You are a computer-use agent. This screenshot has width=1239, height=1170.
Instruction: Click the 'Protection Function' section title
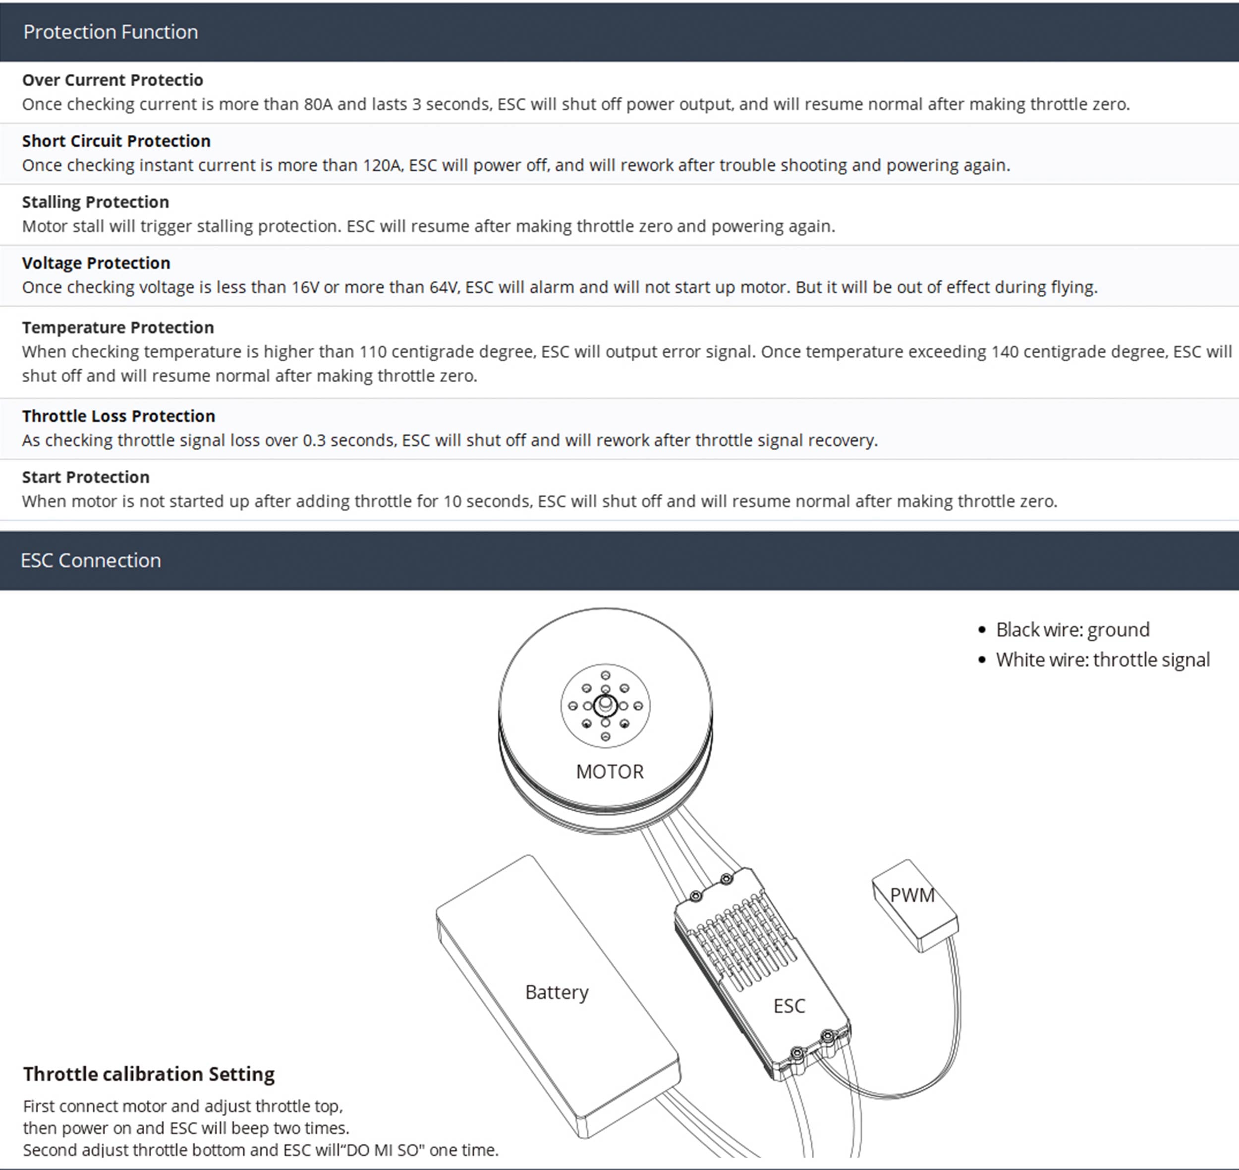[x=111, y=32]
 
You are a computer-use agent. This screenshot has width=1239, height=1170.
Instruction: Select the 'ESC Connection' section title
[x=91, y=560]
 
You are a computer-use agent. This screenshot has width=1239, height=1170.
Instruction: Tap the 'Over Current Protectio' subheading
[x=113, y=80]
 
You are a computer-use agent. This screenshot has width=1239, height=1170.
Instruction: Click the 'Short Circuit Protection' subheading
[x=116, y=141]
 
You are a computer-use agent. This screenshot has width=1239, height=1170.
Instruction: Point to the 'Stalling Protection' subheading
[x=96, y=202]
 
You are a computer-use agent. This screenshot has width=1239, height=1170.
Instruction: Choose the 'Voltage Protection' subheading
[x=96, y=263]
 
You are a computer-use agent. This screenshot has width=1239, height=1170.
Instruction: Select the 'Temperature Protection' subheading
[x=118, y=328]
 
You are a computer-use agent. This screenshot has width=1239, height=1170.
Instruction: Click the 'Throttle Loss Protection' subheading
[x=118, y=416]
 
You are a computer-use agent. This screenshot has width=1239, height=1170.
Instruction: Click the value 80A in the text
[x=318, y=104]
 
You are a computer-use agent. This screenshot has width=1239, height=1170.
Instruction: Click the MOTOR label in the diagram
[x=610, y=772]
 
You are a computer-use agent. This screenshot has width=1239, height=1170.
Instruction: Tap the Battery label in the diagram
[x=557, y=992]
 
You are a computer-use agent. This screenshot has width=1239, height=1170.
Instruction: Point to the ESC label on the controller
[x=789, y=1006]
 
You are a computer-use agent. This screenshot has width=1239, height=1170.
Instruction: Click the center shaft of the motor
[x=605, y=705]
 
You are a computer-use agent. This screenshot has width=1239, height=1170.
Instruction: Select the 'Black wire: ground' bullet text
[x=1072, y=630]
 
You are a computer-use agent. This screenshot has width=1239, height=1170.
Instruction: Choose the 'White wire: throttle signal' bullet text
[x=1102, y=660]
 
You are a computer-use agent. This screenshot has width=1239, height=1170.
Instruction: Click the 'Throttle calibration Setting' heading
[x=149, y=1074]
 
